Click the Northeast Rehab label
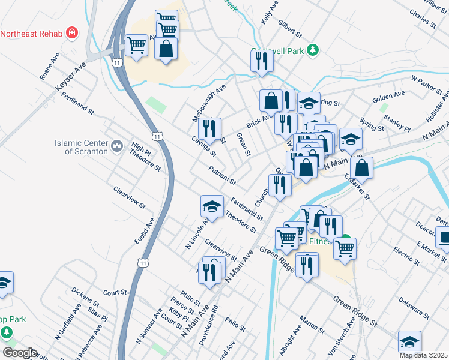pos(32,32)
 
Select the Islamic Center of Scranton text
pos(81,147)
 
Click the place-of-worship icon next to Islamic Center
pos(117,145)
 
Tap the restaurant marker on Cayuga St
pos(210,129)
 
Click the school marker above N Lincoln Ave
pos(211,207)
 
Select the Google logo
pos(20,352)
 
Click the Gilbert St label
pos(289,27)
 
